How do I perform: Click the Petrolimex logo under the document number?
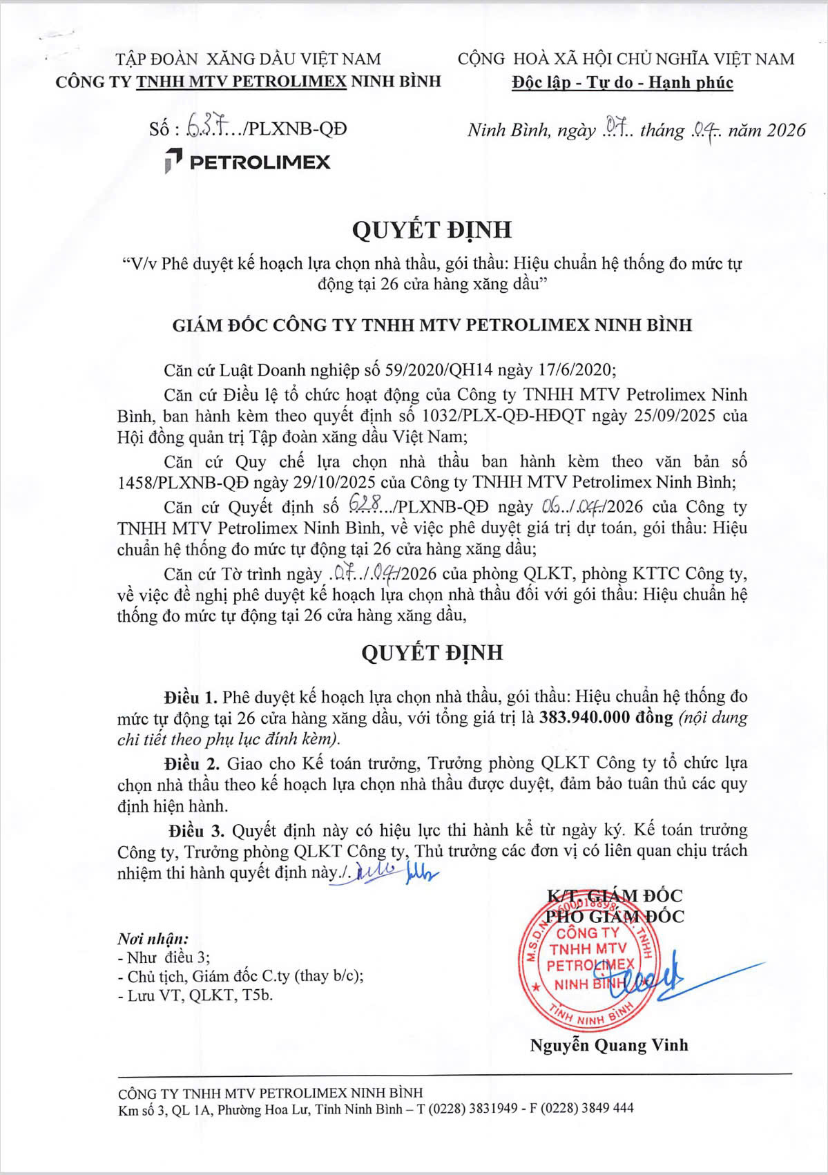click(x=247, y=162)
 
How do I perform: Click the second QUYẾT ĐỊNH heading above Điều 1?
click(x=432, y=653)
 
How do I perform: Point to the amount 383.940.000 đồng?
click(x=606, y=717)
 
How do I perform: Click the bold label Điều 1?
click(x=191, y=696)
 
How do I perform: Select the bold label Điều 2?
click(x=191, y=763)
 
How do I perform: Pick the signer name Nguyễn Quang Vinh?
click(x=609, y=1045)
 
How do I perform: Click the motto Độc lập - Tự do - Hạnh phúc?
click(x=622, y=83)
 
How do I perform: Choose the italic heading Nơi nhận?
click(x=153, y=939)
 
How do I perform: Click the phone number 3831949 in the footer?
click(x=492, y=1109)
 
